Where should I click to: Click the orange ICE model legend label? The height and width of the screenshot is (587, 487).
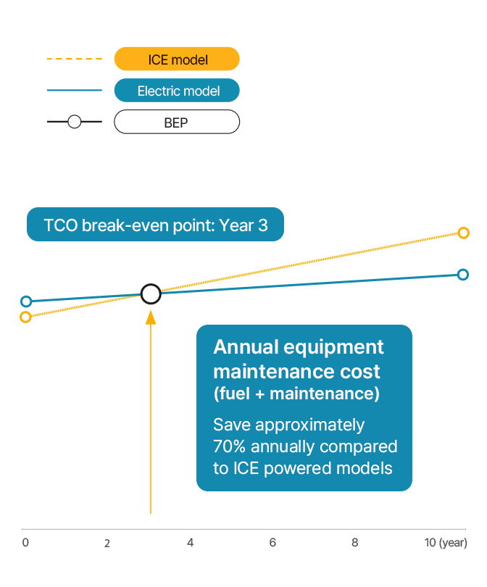[177, 59]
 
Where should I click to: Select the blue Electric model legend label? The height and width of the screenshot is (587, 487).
[177, 91]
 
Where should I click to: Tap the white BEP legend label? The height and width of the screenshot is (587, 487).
[177, 122]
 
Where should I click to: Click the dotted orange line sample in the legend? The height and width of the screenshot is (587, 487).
[74, 59]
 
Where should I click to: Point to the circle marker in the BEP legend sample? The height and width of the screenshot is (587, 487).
[74, 122]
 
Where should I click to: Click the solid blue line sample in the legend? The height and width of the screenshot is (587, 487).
[74, 91]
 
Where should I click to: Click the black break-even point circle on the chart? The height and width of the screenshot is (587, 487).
[151, 293]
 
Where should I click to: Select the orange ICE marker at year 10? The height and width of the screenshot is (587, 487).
[464, 233]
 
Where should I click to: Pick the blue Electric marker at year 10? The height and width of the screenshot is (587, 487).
[464, 274]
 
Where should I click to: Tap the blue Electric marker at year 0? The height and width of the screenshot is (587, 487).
[26, 301]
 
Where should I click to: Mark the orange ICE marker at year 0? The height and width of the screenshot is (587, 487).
[26, 317]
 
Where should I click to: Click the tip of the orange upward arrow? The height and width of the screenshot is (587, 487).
[151, 312]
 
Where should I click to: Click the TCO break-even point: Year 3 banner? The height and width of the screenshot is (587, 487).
[155, 225]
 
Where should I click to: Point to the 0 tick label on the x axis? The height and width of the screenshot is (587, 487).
[25, 543]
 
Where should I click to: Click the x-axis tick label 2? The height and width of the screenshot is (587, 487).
[107, 544]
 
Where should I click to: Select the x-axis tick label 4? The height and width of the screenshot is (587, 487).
[190, 543]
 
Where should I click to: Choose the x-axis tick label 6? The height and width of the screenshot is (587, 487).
[272, 543]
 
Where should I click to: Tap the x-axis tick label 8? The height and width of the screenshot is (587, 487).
[355, 543]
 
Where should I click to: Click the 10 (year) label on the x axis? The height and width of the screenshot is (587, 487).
[445, 543]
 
